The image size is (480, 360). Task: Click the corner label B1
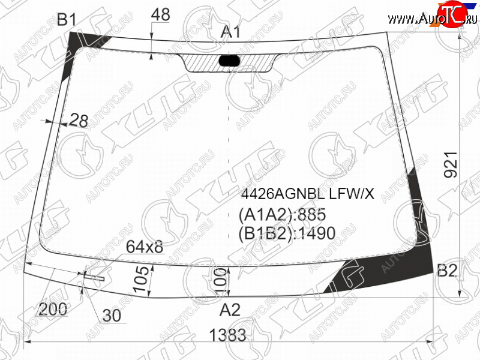coord(67,20)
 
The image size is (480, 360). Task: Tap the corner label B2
coord(447,271)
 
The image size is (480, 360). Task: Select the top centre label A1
coord(231,32)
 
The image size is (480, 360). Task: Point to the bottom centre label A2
coord(230,310)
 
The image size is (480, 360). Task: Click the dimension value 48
coord(160,14)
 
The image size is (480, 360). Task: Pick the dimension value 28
coord(79,121)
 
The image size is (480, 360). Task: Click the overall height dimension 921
coord(451,164)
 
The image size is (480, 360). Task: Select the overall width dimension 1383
coord(228,335)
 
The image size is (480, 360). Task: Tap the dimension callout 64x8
coord(145,247)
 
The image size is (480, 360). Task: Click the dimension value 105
coord(142,279)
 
